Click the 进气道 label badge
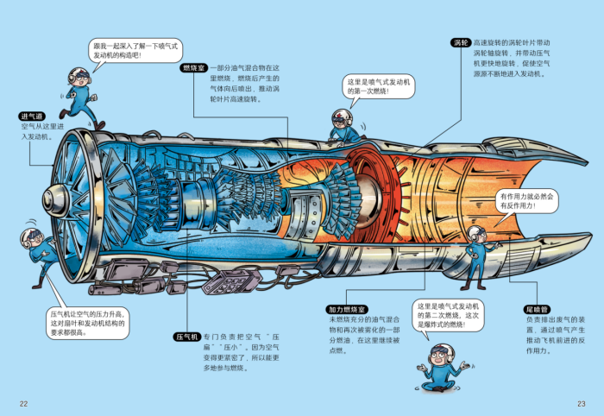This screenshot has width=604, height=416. point(33,116)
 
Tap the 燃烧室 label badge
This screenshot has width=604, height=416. point(192,67)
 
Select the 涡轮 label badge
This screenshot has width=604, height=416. point(460,42)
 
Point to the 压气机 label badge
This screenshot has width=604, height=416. point(187,336)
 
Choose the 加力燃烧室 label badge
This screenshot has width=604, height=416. point(347,309)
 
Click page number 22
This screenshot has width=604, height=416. point(24,403)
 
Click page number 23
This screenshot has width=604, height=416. point(581,403)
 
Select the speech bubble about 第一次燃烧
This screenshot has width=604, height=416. point(381,85)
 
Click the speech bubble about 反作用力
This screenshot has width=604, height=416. point(527,202)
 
